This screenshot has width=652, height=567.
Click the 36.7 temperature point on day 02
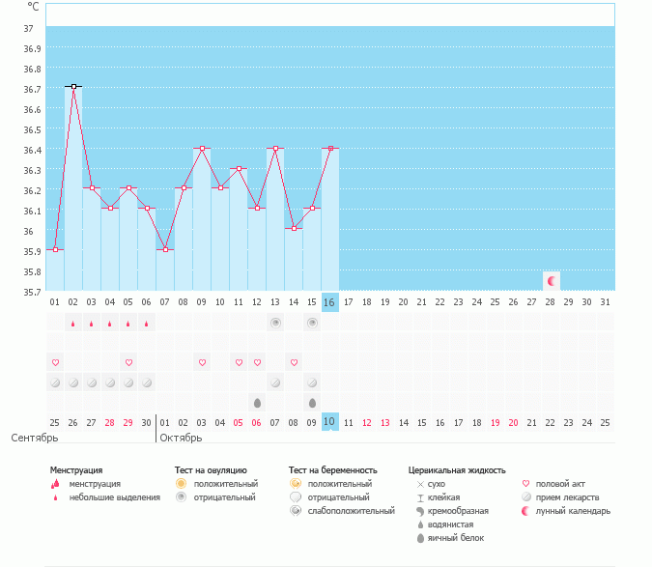pos(73,87)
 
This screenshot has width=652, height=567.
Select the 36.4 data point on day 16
pos(330,148)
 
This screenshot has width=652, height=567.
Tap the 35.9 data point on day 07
pos(165,249)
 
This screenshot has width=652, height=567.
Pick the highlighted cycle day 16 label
pos(329,302)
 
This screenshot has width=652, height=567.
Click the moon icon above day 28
pos(552,281)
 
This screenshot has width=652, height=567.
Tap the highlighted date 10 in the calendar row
pos(329,422)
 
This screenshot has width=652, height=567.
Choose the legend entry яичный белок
pos(455,537)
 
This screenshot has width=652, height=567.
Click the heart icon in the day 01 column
pos(55,362)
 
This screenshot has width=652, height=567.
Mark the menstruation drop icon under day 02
pos(73,324)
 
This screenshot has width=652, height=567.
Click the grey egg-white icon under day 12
pos(257,403)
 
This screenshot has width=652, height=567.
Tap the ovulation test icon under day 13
pos(275,323)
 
